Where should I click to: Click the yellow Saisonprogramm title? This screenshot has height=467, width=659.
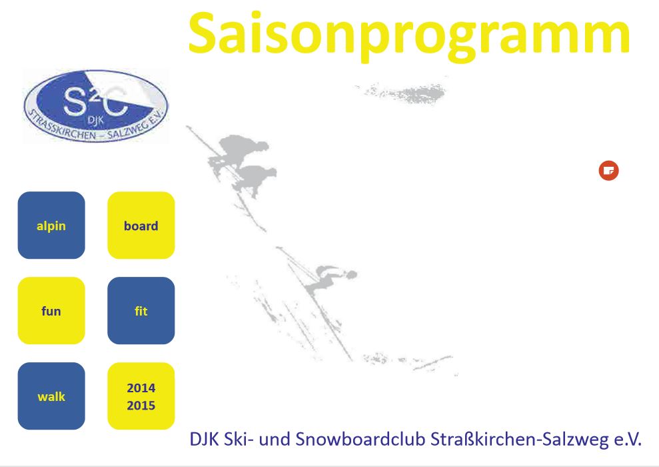[x=409, y=36]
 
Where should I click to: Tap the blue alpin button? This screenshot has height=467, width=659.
[x=51, y=225]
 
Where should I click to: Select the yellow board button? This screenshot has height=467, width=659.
[x=141, y=225]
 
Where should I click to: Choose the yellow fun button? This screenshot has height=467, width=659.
[x=51, y=310]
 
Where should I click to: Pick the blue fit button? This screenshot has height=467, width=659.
[x=141, y=310]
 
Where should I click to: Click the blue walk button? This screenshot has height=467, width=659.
[x=51, y=396]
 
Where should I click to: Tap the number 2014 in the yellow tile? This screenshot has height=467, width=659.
[x=141, y=388]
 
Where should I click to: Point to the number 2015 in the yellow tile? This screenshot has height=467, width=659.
[x=141, y=406]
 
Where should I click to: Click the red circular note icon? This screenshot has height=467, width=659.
[x=608, y=170]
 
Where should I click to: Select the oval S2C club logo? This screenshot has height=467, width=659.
[x=96, y=105]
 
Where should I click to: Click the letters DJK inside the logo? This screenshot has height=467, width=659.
[x=95, y=121]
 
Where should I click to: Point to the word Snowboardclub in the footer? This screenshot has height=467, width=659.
[x=360, y=439]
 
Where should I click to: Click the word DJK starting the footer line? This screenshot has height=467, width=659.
[x=205, y=439]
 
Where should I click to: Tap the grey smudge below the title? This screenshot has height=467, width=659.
[x=401, y=93]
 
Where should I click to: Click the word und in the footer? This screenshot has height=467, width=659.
[x=275, y=440]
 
